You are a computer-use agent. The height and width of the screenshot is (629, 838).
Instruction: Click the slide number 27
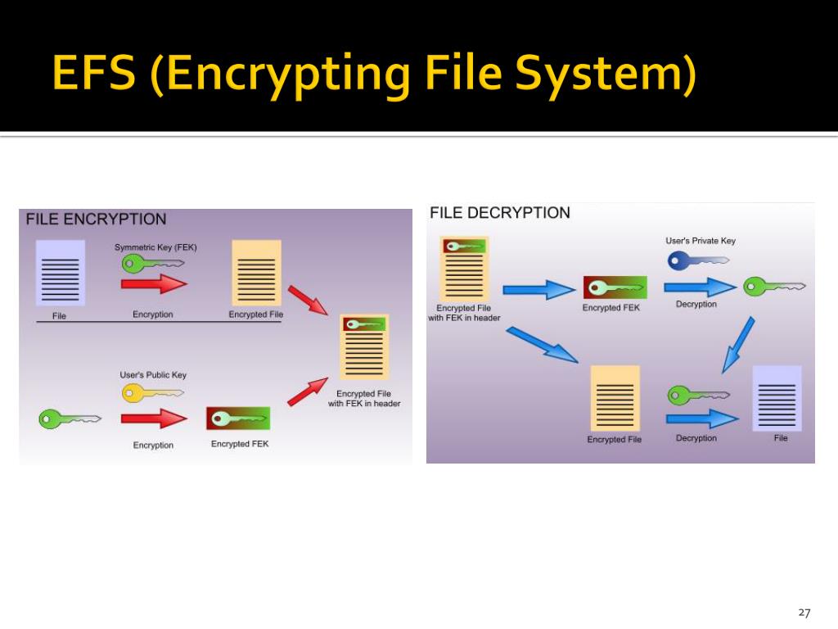pyautogui.click(x=804, y=613)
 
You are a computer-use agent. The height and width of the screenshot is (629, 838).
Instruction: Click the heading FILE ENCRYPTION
pyautogui.click(x=96, y=219)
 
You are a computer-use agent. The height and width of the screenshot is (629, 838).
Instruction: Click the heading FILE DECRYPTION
pyautogui.click(x=500, y=213)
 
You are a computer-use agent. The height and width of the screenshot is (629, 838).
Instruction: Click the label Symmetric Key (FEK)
pyautogui.click(x=155, y=247)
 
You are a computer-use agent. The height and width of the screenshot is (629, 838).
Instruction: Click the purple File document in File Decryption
pyautogui.click(x=777, y=398)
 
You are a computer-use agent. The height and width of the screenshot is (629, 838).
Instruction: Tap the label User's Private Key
pyautogui.click(x=701, y=241)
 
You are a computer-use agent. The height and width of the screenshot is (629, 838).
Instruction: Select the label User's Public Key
pyautogui.click(x=153, y=375)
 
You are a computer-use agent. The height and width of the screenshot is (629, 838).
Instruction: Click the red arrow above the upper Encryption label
pyautogui.click(x=154, y=284)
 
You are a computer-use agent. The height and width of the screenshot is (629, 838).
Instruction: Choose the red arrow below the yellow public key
pyautogui.click(x=154, y=419)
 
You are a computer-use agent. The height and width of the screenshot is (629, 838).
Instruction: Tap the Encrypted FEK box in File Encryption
pyautogui.click(x=238, y=419)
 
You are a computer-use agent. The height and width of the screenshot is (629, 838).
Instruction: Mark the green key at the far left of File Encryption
pyautogui.click(x=69, y=419)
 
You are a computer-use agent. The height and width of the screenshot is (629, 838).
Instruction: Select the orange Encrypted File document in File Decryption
pyautogui.click(x=615, y=398)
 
